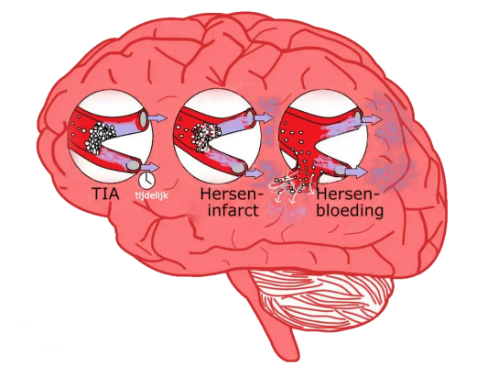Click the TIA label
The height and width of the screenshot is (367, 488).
click(x=105, y=194)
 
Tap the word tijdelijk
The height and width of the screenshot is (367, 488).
click(x=152, y=195)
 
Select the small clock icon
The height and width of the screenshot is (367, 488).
click(x=146, y=180)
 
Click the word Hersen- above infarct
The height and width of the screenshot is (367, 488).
click(x=232, y=194)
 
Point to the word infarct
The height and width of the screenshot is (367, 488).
click(x=233, y=210)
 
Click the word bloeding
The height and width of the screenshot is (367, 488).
click(x=350, y=210)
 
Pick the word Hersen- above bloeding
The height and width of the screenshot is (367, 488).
click(x=348, y=194)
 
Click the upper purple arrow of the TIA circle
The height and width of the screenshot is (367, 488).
click(x=157, y=118)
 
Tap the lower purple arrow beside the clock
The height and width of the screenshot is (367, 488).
click(x=150, y=167)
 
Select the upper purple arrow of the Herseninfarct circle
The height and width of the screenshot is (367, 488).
click(x=264, y=118)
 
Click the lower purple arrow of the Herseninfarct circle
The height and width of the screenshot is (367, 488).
click(x=255, y=173)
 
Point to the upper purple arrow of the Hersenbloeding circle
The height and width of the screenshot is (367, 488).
click(x=372, y=118)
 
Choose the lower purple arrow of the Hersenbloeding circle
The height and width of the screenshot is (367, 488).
click(x=357, y=172)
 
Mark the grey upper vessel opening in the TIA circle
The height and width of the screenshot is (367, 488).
click(x=144, y=120)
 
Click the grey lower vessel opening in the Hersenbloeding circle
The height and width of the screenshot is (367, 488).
click(x=341, y=171)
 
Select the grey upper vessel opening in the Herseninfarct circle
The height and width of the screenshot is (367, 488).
click(x=250, y=117)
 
